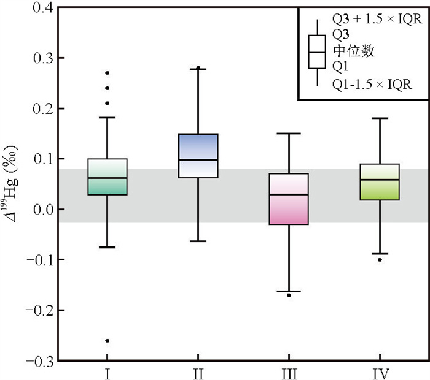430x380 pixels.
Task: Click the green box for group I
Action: tap(107, 177)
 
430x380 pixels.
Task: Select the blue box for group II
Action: tap(198, 156)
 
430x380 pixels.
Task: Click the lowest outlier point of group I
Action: tap(107, 341)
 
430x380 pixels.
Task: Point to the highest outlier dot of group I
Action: tap(107, 73)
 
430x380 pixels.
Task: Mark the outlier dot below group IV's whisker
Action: tap(380, 260)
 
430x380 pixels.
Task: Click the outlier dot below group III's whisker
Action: tap(289, 295)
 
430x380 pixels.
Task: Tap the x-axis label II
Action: tap(198, 372)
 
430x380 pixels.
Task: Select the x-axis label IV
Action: tap(380, 372)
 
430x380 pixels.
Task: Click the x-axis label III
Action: tap(289, 372)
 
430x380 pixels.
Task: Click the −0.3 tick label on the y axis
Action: tap(37, 360)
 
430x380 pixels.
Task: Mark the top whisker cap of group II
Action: tap(198, 69)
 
